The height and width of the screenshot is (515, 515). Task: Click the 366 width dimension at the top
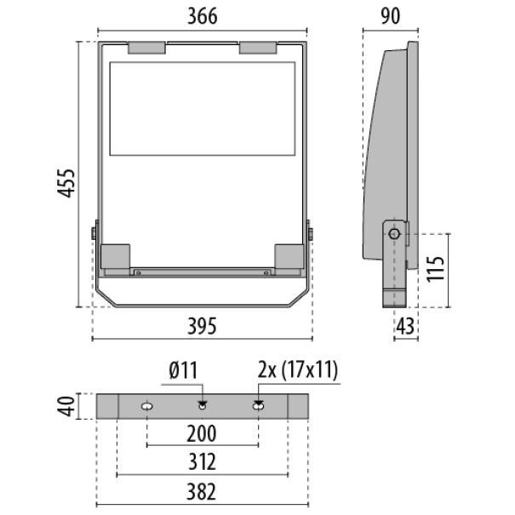[203, 15]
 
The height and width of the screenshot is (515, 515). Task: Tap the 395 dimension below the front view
[203, 326]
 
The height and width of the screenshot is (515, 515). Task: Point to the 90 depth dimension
[390, 15]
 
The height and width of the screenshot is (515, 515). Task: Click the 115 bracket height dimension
[437, 268]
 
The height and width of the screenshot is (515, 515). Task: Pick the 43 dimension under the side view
[406, 326]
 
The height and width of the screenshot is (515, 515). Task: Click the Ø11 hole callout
[184, 370]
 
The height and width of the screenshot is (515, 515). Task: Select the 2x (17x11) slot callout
[297, 370]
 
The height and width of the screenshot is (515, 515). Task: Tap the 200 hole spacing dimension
[201, 434]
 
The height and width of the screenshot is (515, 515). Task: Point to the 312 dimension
[201, 462]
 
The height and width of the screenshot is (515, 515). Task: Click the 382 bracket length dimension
[201, 491]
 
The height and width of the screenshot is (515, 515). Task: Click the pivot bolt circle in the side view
[394, 233]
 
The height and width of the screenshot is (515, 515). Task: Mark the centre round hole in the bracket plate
[203, 406]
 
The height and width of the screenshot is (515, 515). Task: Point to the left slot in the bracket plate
[147, 407]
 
